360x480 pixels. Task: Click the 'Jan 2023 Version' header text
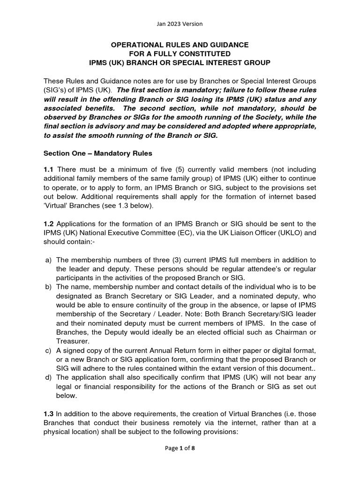click(180, 23)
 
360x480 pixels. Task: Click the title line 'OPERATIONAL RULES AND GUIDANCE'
click(180, 45)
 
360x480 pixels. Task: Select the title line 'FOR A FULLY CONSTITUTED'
click(180, 53)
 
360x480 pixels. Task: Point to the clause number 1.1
click(48, 169)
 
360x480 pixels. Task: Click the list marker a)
click(48, 260)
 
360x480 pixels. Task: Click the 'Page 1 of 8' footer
click(180, 461)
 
